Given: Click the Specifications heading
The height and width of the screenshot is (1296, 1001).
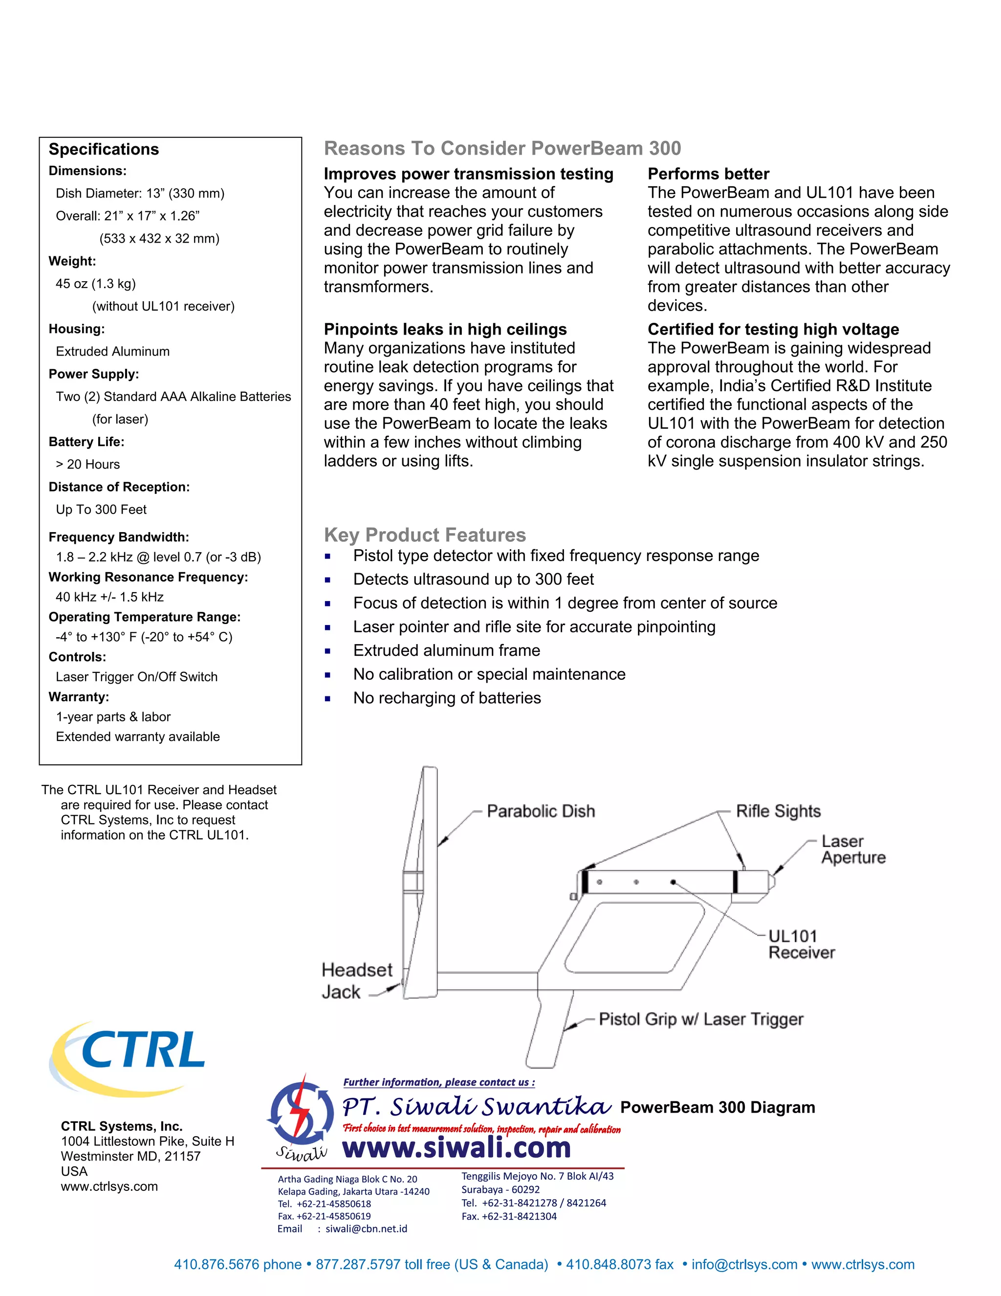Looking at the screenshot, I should point(104,149).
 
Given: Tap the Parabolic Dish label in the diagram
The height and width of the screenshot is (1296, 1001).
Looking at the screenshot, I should point(540,811).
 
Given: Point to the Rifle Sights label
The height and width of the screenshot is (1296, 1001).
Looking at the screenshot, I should point(778,811).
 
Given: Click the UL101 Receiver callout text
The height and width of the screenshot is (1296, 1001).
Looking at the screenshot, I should point(801,944).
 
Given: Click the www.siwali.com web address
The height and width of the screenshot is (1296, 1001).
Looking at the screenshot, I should point(457,1148).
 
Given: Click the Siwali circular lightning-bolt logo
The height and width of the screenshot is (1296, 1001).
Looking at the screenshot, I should point(301,1113).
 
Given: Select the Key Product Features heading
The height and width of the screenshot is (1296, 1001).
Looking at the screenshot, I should point(425,535).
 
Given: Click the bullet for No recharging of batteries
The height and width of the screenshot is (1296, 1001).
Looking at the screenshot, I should point(327,698).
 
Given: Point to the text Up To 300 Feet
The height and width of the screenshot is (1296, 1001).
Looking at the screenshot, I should point(101,509).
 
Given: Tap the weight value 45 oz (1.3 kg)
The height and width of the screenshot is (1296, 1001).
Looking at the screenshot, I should point(95,284).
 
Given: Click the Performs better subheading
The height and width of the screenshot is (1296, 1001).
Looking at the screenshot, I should point(708,174).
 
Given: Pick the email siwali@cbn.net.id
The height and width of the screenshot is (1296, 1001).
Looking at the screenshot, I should point(366,1229).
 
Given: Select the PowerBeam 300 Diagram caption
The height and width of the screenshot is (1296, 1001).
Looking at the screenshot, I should point(718,1107).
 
